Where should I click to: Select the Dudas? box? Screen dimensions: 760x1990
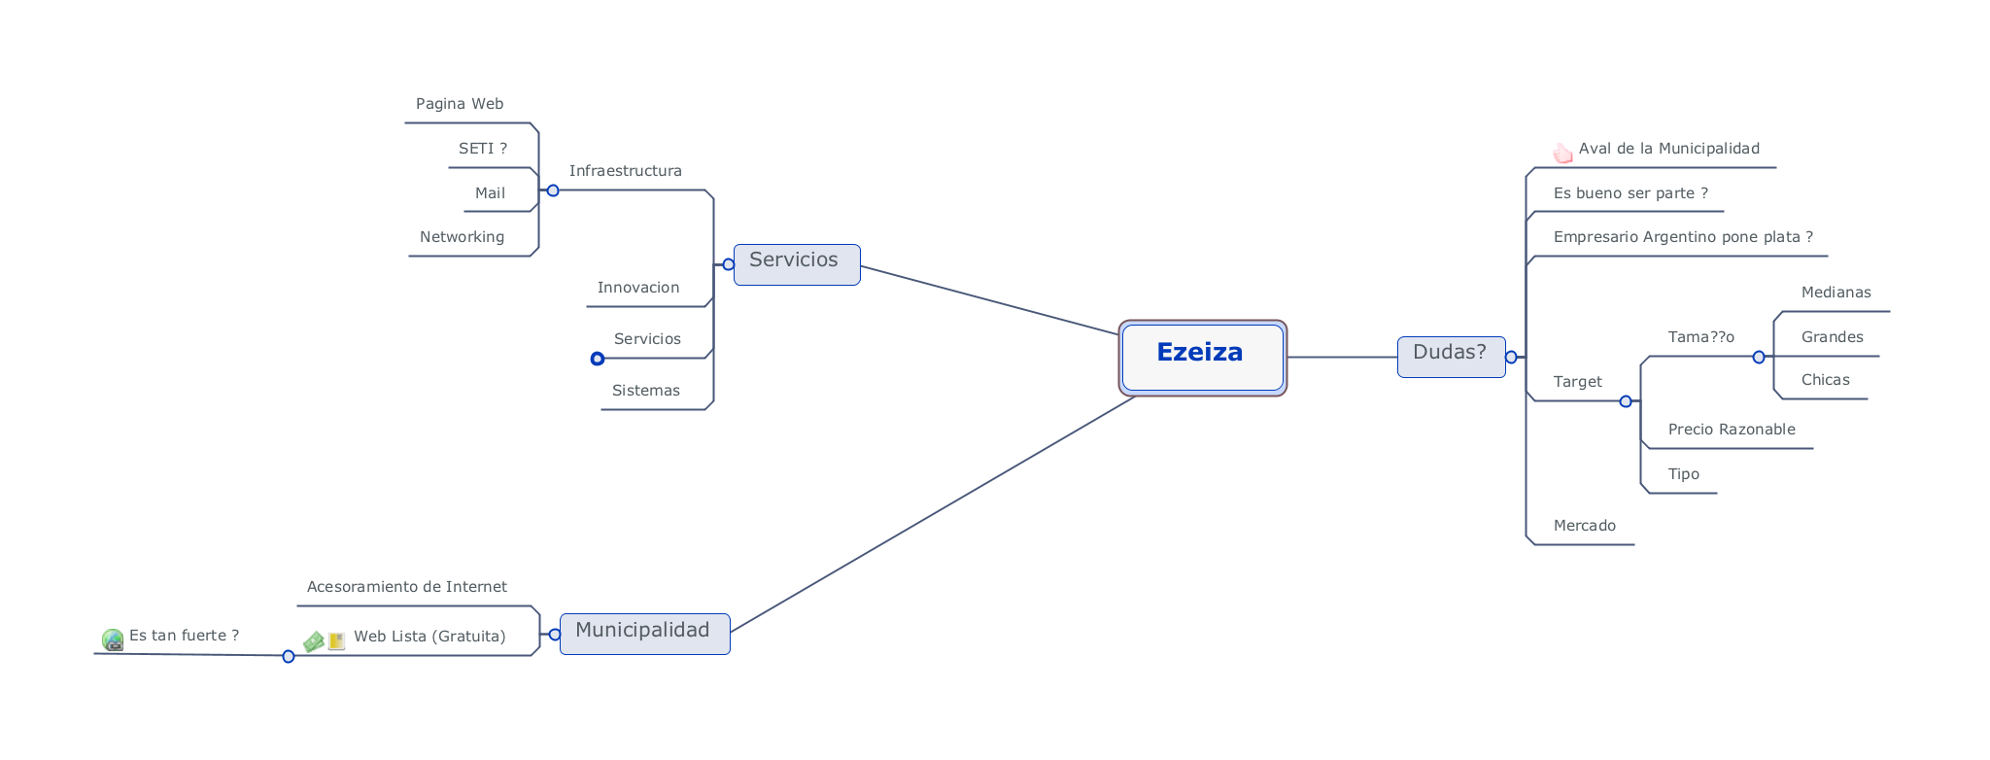(x=1451, y=357)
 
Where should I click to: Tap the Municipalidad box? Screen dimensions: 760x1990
(x=644, y=634)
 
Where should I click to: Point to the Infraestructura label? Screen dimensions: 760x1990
(x=625, y=171)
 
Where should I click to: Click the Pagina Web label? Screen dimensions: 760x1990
(x=460, y=104)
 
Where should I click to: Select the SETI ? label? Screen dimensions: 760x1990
(x=483, y=149)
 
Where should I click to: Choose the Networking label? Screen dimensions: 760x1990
(x=462, y=237)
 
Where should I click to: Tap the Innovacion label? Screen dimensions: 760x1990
(x=638, y=288)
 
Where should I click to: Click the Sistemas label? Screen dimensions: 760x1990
(x=646, y=391)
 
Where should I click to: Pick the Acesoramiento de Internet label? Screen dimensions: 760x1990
(x=406, y=587)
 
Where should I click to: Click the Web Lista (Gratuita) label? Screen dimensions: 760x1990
(x=429, y=637)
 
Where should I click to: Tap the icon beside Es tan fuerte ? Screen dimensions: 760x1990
(x=113, y=639)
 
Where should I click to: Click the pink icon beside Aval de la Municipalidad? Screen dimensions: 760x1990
(x=1562, y=153)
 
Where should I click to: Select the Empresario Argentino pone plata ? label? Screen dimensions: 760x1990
(x=1683, y=237)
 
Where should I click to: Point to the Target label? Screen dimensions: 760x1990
(x=1577, y=382)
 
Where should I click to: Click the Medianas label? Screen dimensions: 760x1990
(x=1836, y=293)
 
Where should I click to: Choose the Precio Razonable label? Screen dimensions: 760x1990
(x=1732, y=430)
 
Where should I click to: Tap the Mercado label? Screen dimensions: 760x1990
(x=1584, y=526)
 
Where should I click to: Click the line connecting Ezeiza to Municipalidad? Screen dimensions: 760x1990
(x=933, y=514)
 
